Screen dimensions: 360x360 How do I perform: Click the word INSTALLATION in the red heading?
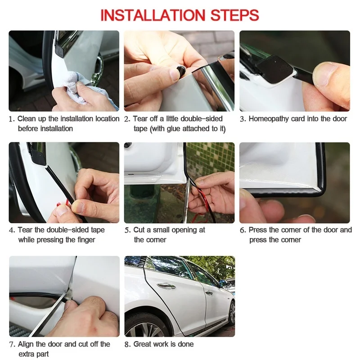(x=152, y=15)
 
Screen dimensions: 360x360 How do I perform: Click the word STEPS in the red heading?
(x=234, y=15)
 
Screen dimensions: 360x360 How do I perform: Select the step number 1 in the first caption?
(x=11, y=119)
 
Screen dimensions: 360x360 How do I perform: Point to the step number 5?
(x=127, y=230)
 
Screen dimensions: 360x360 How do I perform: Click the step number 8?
(x=127, y=344)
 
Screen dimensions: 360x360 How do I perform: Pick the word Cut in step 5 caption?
(x=139, y=230)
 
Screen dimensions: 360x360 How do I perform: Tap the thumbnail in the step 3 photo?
(x=325, y=74)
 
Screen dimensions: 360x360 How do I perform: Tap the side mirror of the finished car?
(x=222, y=283)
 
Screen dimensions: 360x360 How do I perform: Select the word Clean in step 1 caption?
(x=27, y=119)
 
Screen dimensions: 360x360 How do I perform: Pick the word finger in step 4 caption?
(x=86, y=240)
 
